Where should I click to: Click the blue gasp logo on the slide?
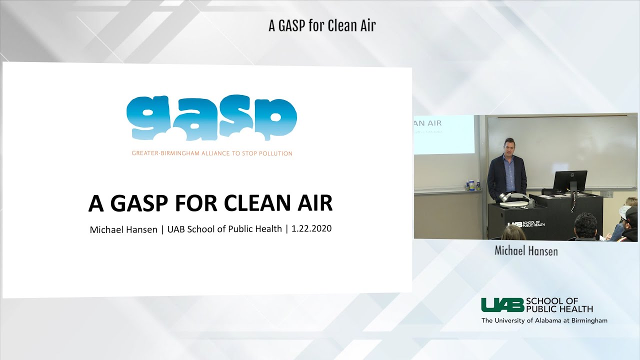[x=211, y=118]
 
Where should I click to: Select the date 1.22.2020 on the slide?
[x=311, y=229]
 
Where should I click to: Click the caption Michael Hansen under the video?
[x=526, y=251]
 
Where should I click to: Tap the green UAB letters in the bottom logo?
[x=502, y=304]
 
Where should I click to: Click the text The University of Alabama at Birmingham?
[x=544, y=320]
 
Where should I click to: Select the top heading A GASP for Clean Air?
[x=321, y=26]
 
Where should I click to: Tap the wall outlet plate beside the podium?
[x=608, y=194]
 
